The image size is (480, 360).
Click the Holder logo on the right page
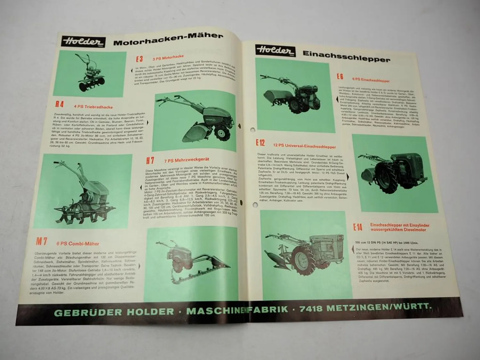tap(276, 51)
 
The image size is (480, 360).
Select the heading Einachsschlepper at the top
tap(346, 56)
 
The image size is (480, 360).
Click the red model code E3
tap(139, 59)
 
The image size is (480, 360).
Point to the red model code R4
tap(60, 104)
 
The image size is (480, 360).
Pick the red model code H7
tap(150, 160)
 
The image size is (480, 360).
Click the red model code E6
tap(340, 77)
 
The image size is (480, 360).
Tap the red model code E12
tap(260, 143)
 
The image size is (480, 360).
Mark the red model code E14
tap(358, 227)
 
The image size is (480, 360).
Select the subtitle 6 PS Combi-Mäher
tap(78, 244)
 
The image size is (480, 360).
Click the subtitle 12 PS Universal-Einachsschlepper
tap(304, 146)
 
